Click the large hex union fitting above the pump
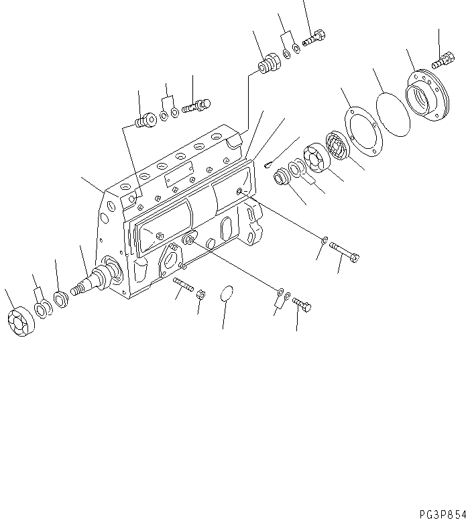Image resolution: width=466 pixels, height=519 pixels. tap(269, 65)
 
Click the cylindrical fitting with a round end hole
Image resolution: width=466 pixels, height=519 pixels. tap(143, 121)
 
